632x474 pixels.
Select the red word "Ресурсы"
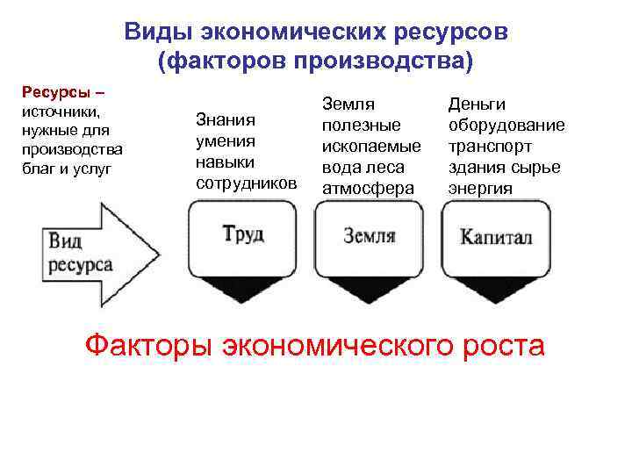tap(49, 93)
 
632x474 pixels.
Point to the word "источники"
tap(60, 112)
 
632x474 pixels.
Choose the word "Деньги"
tap(477, 104)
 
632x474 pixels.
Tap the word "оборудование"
tap(506, 125)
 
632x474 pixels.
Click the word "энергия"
tap(479, 188)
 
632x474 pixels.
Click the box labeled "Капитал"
tap(496, 248)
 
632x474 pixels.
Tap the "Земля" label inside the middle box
tap(369, 235)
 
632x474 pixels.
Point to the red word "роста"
tap(502, 344)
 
